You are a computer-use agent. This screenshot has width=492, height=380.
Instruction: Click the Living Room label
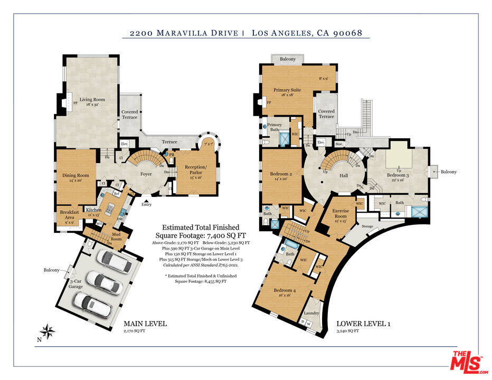pyautogui.click(x=92, y=99)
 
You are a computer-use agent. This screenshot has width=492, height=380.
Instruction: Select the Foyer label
pyautogui.click(x=146, y=173)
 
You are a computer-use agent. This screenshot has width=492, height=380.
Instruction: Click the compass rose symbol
pyautogui.click(x=49, y=331)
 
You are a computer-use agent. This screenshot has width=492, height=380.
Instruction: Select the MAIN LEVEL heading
pyautogui.click(x=145, y=324)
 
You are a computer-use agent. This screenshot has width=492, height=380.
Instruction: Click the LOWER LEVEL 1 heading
pyautogui.click(x=363, y=324)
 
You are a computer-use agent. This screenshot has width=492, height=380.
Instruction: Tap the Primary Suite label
pyautogui.click(x=287, y=90)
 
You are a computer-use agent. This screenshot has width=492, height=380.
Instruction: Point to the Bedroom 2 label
pyautogui.click(x=281, y=174)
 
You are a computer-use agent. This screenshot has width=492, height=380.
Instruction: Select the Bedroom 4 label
pyautogui.click(x=285, y=290)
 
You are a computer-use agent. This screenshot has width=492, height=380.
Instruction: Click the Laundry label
pyautogui.click(x=311, y=313)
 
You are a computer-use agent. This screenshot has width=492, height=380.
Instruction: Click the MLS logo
pyautogui.click(x=467, y=361)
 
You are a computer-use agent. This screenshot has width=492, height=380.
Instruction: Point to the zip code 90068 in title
pyautogui.click(x=347, y=33)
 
